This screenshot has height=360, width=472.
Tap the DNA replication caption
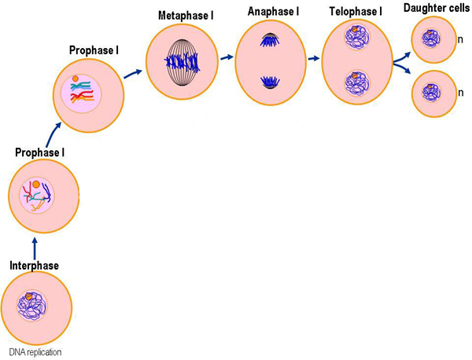click(x=35, y=352)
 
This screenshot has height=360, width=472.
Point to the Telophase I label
click(x=354, y=11)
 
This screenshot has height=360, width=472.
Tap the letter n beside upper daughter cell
click(x=460, y=39)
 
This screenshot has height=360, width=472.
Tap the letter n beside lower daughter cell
click(x=460, y=93)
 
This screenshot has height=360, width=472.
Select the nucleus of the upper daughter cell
click(x=432, y=38)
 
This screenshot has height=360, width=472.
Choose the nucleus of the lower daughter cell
click(x=432, y=92)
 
